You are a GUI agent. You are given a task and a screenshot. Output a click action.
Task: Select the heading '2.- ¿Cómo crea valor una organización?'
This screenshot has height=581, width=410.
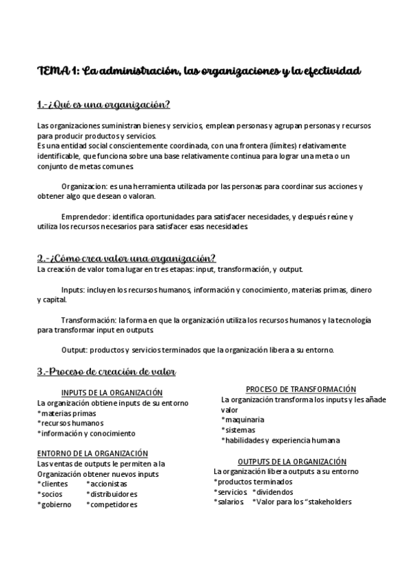[x=127, y=258]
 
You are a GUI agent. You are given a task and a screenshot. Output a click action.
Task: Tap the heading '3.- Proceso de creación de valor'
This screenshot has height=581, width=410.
[x=107, y=372]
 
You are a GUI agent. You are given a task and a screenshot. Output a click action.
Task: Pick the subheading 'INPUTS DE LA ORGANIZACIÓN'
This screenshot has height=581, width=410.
[x=112, y=393]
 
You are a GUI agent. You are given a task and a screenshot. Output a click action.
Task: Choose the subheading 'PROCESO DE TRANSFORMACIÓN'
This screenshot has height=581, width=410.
[x=291, y=388]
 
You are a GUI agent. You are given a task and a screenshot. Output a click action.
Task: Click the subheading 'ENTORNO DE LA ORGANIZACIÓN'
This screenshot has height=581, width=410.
[x=92, y=454]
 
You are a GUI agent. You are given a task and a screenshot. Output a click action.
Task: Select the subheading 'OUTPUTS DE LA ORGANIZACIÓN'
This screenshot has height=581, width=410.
[x=292, y=462]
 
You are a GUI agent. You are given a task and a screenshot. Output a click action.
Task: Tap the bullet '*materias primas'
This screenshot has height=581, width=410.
[x=68, y=413]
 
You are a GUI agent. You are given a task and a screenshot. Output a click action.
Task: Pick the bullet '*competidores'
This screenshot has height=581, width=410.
[x=112, y=504]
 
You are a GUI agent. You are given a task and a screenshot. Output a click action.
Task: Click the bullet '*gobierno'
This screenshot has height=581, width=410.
[x=54, y=504]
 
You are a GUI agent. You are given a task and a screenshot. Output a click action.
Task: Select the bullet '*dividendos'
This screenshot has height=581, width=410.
[x=272, y=492]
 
